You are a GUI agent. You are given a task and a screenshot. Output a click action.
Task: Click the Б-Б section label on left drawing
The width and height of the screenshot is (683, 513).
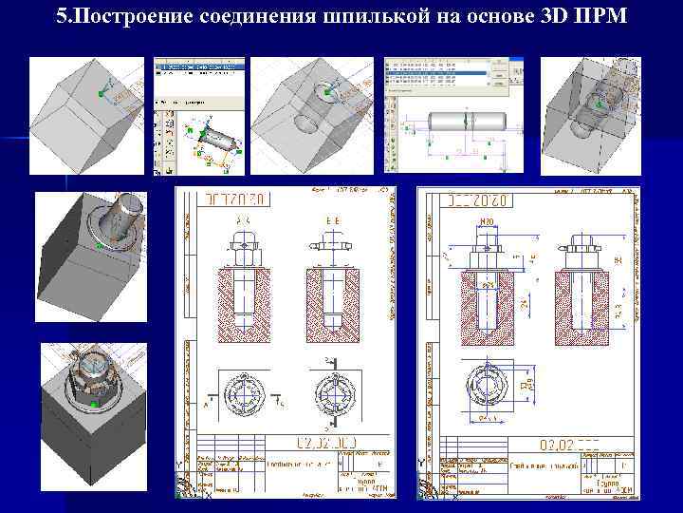coord(331,219)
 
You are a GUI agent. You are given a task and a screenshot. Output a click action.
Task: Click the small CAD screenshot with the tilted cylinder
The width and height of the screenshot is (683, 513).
coord(199,116)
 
